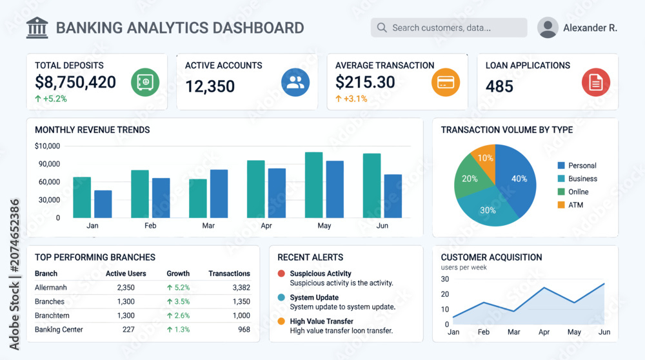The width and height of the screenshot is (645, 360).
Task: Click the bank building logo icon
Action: pos(37,28)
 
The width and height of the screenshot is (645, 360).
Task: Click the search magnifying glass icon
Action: pos(382,28)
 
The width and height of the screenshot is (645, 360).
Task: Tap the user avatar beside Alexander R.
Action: pos(548,28)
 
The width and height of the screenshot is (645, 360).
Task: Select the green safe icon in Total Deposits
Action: pos(145,83)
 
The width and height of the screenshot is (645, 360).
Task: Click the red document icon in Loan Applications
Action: pos(595,83)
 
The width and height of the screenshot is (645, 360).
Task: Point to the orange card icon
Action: pos(446,83)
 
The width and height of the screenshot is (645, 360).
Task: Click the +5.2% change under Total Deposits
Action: pos(51,99)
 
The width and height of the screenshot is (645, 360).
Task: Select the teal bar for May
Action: pos(314,185)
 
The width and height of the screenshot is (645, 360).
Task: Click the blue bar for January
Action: pos(103,204)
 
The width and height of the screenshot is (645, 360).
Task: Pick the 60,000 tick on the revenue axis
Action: pos(50,182)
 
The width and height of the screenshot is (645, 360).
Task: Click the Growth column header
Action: pos(178,274)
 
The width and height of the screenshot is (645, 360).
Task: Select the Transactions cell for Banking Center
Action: pos(244,330)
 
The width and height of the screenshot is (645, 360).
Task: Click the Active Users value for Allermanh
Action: pos(126,288)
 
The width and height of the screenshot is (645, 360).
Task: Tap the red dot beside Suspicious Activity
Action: pos(281,274)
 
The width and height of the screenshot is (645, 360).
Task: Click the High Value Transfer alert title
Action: pos(322,321)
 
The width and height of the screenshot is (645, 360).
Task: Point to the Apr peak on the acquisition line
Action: pos(544,288)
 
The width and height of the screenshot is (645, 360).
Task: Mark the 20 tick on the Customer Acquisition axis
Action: pos(444,294)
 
